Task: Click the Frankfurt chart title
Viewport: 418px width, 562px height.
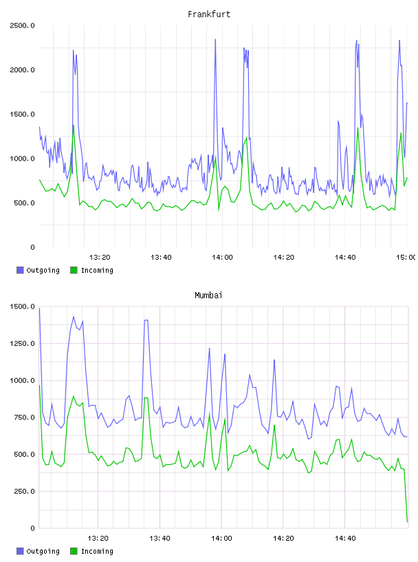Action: (209, 14)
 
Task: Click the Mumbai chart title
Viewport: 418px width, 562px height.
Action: (208, 295)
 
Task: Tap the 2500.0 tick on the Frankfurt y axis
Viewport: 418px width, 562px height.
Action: (22, 25)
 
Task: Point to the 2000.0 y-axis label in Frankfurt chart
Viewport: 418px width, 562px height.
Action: (22, 70)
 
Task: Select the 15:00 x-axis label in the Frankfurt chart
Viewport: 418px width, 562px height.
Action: (406, 258)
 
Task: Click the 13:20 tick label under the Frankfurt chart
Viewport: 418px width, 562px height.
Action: (100, 258)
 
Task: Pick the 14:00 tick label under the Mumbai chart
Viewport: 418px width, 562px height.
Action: (221, 539)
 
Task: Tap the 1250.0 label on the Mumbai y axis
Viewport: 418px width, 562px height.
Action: (22, 344)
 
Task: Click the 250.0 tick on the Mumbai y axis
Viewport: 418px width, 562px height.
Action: (24, 491)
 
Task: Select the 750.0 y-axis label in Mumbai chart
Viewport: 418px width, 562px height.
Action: (24, 417)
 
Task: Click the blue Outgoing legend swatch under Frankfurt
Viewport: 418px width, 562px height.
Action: (20, 270)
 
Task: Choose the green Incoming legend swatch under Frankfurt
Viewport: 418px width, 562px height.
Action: (74, 270)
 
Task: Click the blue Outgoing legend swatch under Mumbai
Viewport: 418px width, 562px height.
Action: (20, 551)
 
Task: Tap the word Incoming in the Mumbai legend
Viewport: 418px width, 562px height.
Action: (97, 551)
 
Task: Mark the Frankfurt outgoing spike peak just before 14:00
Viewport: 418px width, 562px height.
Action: (215, 39)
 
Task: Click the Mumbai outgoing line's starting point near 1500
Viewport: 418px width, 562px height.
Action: (39, 309)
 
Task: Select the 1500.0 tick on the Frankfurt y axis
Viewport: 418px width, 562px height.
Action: (22, 114)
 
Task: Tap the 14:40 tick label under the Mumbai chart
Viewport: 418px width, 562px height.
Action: (345, 539)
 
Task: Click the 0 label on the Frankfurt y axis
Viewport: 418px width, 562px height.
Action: (32, 247)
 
